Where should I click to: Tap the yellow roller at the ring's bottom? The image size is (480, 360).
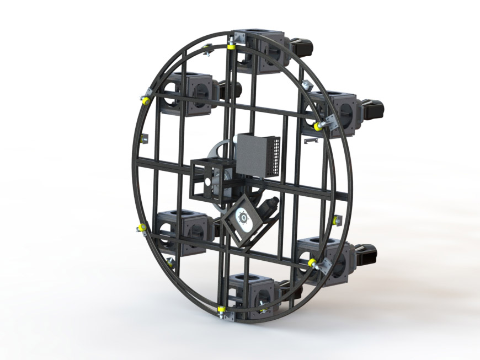point(221,308)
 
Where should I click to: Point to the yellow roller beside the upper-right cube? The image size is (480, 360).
point(318,126)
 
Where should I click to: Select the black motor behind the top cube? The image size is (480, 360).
point(301,47)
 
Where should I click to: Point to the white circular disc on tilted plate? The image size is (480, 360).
point(242,219)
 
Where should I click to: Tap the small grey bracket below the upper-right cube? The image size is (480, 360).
point(312,141)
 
